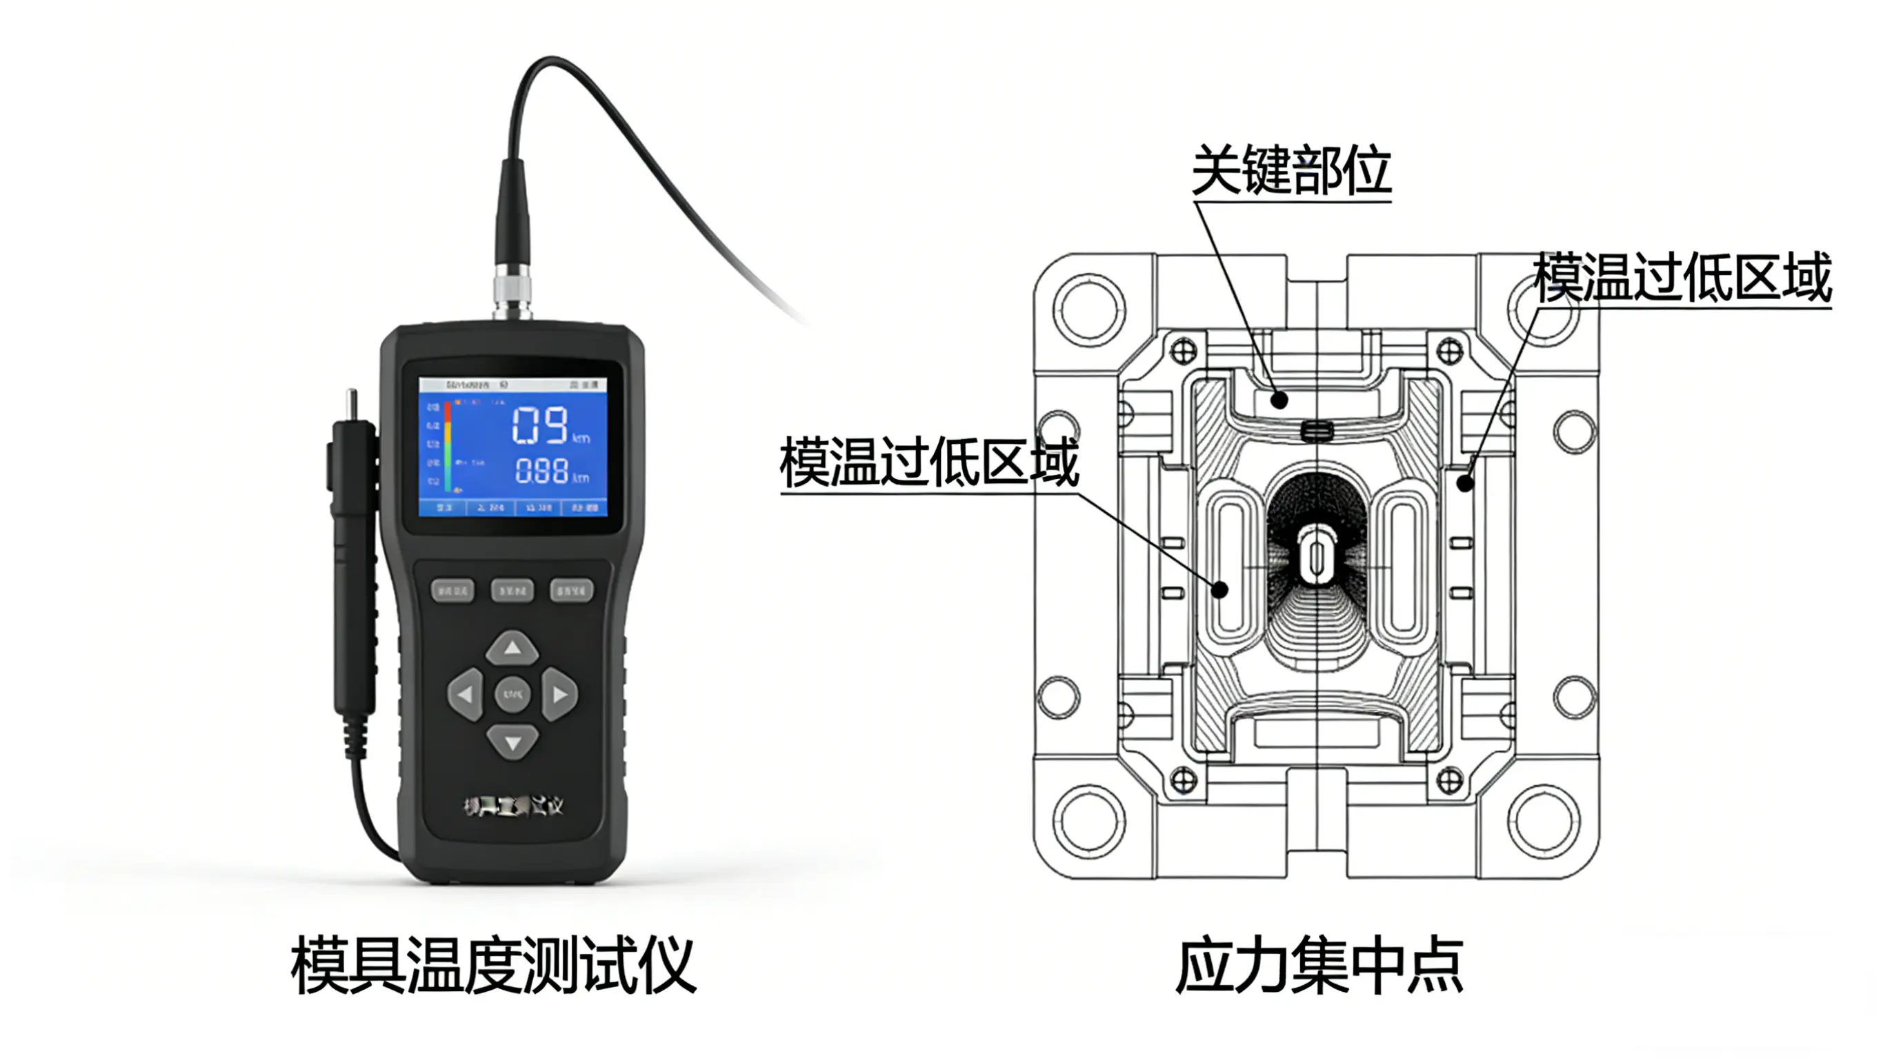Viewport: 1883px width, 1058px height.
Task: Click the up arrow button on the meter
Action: tap(512, 648)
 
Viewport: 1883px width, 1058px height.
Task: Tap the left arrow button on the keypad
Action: tap(466, 694)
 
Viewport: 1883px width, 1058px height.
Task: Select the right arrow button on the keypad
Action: tap(559, 694)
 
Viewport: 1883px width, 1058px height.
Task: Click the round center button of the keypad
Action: tap(512, 693)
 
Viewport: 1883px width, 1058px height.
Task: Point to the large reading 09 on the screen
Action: tap(540, 425)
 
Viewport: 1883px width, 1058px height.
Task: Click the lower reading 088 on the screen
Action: tap(541, 471)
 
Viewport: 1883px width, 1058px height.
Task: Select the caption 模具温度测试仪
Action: tap(493, 965)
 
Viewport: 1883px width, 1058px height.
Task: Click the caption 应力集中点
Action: tap(1319, 965)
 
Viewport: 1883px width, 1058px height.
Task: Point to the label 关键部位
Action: tap(1291, 170)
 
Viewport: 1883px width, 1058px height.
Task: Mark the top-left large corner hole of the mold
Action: tap(1088, 309)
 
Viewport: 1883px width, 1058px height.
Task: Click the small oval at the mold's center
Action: tap(1317, 559)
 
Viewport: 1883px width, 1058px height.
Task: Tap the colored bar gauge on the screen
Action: tap(448, 446)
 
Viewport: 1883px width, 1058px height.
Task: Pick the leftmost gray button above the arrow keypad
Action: tap(452, 589)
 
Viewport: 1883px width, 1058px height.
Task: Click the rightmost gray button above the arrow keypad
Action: tap(571, 589)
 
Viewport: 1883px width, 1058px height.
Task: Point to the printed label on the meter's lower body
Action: tap(513, 806)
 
